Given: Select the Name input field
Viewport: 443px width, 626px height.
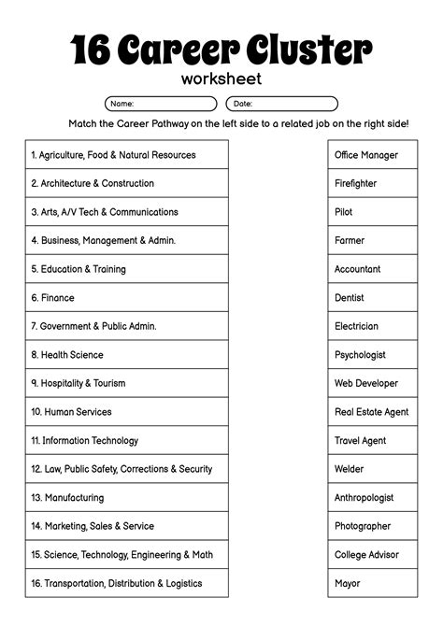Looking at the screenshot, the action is (x=161, y=104).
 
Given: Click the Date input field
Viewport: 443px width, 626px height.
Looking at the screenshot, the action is (x=281, y=104).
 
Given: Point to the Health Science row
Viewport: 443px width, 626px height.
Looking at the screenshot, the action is (x=126, y=355).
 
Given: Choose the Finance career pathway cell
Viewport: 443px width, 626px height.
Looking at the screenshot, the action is (x=126, y=298).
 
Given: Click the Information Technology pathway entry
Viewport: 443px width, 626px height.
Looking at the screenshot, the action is (x=126, y=441).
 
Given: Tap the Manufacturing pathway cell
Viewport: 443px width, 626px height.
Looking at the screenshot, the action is (x=126, y=498).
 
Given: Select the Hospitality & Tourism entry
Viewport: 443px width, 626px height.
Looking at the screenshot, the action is (x=126, y=383).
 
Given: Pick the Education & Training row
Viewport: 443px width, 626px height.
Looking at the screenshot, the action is (x=126, y=269).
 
